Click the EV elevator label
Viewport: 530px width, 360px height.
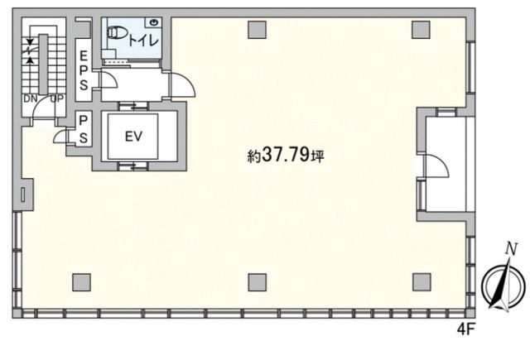coord(133,137)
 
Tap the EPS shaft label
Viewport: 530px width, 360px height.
coord(84,70)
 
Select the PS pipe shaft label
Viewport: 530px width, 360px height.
coord(83,129)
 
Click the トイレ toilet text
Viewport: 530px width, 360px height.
coord(143,41)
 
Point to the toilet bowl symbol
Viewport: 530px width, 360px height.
coord(116,33)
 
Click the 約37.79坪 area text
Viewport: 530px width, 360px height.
coord(286,156)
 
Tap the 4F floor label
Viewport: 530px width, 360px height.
coord(466,329)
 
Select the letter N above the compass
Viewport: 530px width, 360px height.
coord(512,250)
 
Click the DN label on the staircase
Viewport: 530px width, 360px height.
coord(31,98)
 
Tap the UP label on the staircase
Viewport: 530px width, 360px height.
coord(57,98)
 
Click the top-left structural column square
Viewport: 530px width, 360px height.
coord(258,30)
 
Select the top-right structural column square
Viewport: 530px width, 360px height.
coord(422,30)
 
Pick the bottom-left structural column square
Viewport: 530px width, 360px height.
coord(81,282)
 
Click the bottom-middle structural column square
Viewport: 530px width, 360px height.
coord(258,282)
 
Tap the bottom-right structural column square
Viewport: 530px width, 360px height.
coord(422,282)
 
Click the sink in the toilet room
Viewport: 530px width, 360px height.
coord(154,22)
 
